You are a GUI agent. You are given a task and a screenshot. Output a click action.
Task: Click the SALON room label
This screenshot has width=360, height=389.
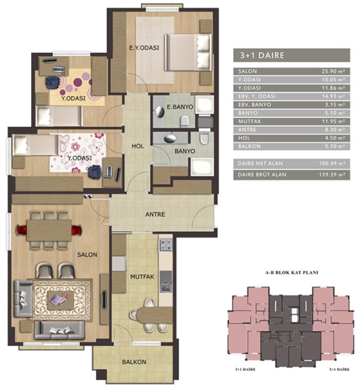point(87,255)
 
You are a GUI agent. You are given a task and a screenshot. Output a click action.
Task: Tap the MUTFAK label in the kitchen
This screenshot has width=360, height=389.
point(142,277)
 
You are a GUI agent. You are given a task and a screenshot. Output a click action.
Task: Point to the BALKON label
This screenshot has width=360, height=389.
point(134,362)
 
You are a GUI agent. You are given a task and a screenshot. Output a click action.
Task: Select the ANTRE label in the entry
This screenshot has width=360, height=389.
point(155,214)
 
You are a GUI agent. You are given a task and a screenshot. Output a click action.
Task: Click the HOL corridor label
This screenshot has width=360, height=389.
point(138,146)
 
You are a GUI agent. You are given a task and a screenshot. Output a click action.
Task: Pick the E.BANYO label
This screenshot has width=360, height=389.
point(180,107)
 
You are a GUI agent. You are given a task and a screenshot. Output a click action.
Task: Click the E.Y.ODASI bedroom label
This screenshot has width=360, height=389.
point(144,48)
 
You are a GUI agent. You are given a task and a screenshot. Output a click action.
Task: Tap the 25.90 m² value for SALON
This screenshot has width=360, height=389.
point(333,72)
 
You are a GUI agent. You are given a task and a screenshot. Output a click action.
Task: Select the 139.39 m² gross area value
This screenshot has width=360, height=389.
point(332,174)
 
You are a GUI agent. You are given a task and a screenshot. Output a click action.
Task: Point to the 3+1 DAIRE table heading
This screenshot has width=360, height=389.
point(262,55)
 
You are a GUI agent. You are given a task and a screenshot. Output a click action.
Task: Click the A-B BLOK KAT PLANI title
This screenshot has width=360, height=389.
point(292,273)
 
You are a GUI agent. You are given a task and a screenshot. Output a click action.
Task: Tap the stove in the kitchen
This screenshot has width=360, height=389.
point(165,244)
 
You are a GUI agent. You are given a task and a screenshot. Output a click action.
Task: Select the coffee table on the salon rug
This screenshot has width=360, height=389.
point(61,300)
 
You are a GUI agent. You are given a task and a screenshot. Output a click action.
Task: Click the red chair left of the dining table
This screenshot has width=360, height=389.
point(21,230)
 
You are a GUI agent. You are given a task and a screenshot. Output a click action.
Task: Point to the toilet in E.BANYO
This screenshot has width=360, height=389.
point(184,121)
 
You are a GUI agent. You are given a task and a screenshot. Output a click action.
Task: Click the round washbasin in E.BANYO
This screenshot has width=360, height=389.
point(159,112)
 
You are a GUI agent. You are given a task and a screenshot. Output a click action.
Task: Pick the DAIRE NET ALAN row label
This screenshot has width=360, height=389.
point(260,164)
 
